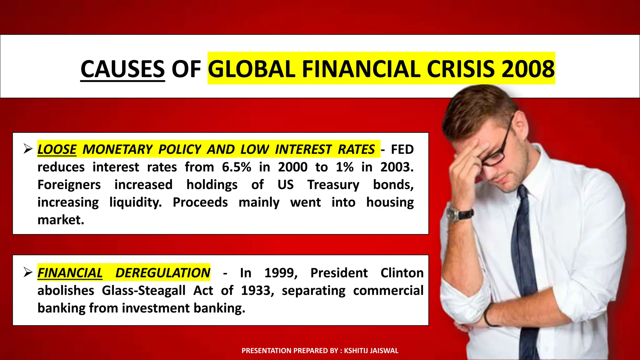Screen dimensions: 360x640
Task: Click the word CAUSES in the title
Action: click(x=122, y=69)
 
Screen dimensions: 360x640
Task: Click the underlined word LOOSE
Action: click(x=57, y=149)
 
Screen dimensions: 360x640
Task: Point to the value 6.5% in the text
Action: click(x=237, y=167)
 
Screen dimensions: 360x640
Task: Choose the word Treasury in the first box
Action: click(x=333, y=185)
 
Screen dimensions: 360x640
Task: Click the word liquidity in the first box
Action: click(x=136, y=202)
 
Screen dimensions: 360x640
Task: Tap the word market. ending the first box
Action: click(x=61, y=220)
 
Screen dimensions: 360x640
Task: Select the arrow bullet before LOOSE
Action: click(x=28, y=149)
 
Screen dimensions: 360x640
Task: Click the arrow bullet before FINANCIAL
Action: click(x=28, y=272)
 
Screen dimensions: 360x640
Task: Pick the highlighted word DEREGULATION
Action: click(x=163, y=273)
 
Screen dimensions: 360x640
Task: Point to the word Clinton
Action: click(x=402, y=273)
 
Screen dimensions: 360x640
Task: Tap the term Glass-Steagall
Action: click(x=144, y=291)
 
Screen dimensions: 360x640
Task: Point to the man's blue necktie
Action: click(x=528, y=266)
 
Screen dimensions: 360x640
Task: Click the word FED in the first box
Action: click(x=402, y=149)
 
